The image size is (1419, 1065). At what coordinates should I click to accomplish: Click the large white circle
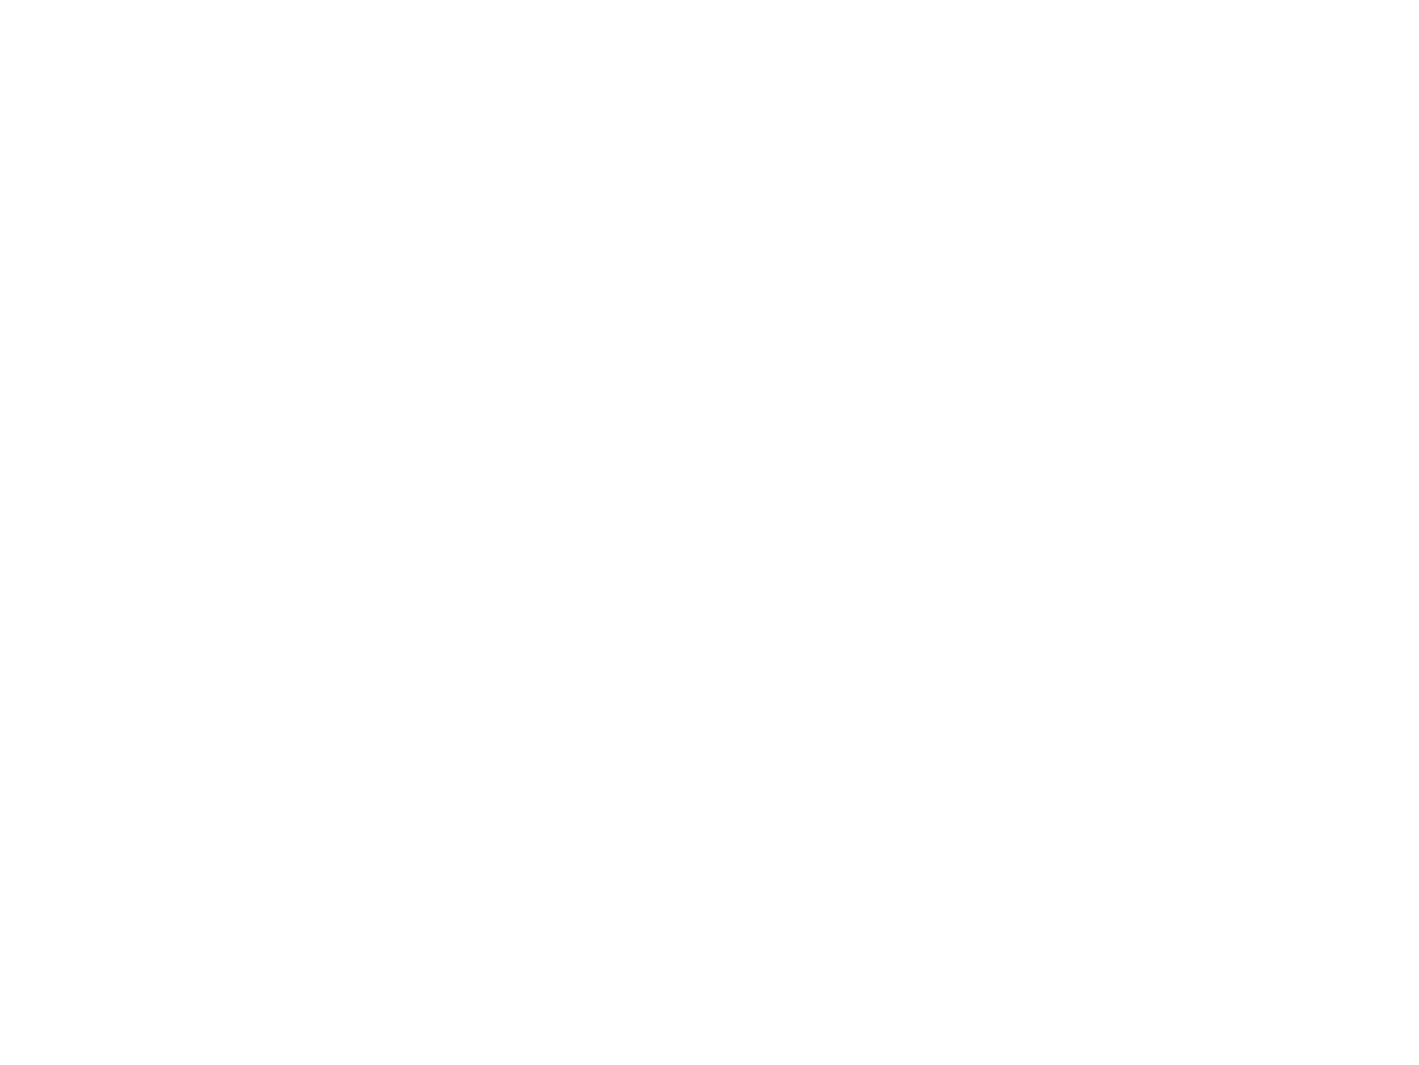coord(705,421)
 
